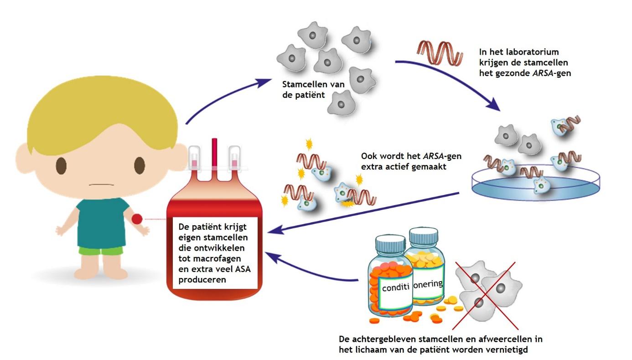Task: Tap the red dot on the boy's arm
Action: click(137, 219)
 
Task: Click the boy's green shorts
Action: click(101, 250)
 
